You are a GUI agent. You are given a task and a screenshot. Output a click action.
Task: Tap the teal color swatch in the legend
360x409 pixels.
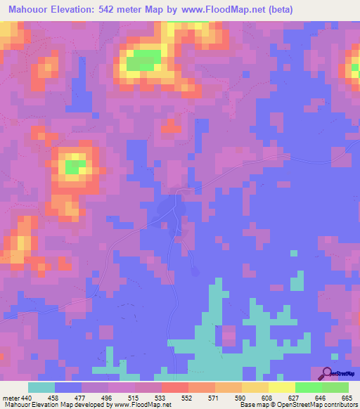pos(41,387)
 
